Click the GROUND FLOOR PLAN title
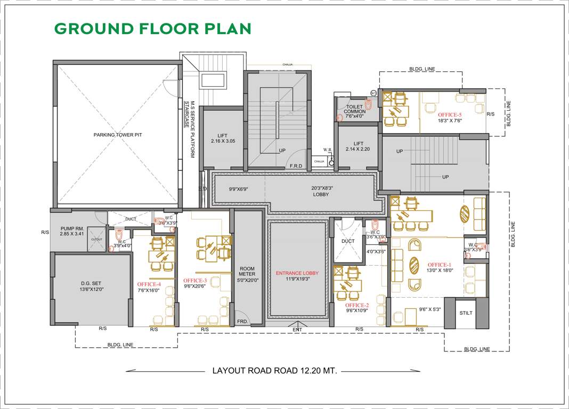point(152,29)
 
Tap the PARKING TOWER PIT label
point(118,135)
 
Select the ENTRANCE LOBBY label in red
point(297,273)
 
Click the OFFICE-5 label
point(450,114)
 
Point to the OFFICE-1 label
point(440,265)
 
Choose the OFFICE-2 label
point(357,305)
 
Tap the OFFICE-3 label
point(195,281)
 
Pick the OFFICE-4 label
point(149,284)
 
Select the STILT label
point(466,313)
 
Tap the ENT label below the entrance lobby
point(297,330)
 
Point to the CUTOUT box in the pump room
point(96,239)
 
